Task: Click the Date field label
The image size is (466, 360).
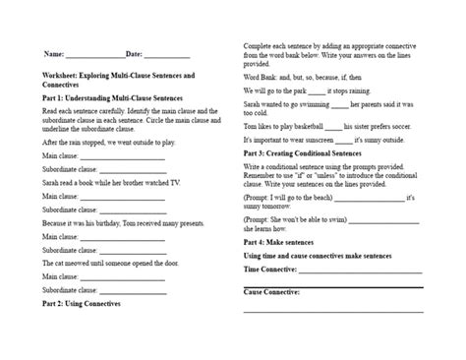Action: tap(135, 53)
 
